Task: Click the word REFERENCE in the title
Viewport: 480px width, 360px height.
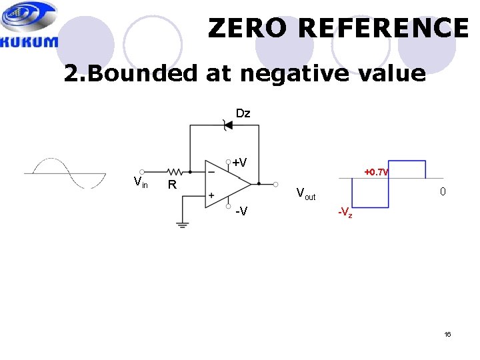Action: (x=385, y=28)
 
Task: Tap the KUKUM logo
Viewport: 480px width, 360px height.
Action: (x=29, y=25)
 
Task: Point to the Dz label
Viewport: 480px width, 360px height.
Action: (x=243, y=113)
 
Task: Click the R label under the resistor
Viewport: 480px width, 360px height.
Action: (x=171, y=185)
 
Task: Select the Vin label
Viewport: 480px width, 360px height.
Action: (x=141, y=181)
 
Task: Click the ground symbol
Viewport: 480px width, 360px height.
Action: (x=183, y=224)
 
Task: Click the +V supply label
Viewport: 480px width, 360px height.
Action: (x=239, y=163)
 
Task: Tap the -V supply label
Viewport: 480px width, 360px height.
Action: (x=243, y=211)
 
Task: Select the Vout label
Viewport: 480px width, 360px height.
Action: (x=306, y=195)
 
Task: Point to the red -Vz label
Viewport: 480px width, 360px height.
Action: (x=345, y=213)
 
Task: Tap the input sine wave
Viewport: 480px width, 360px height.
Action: (x=65, y=173)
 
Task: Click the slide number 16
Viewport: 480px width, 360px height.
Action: (x=447, y=333)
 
